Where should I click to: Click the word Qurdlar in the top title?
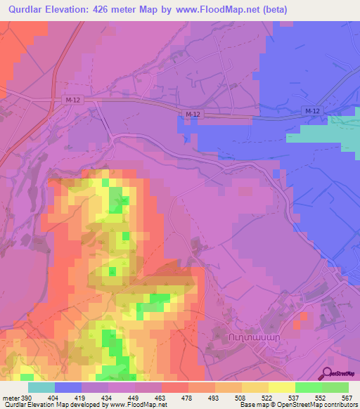[x=27, y=10]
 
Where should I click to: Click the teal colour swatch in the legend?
[x=41, y=387]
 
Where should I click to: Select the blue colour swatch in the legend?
[x=68, y=387]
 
